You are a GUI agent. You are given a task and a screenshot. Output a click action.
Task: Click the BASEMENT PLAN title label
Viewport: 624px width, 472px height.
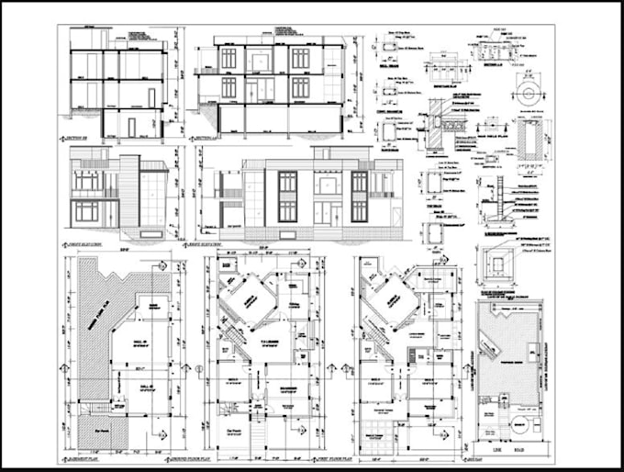point(91,456)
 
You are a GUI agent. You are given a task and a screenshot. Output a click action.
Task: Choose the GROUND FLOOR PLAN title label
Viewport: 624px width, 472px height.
point(224,456)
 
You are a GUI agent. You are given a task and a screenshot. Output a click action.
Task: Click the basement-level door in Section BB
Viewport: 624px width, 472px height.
point(131,127)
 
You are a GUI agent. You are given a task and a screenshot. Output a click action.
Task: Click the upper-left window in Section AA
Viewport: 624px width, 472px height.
point(228,59)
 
